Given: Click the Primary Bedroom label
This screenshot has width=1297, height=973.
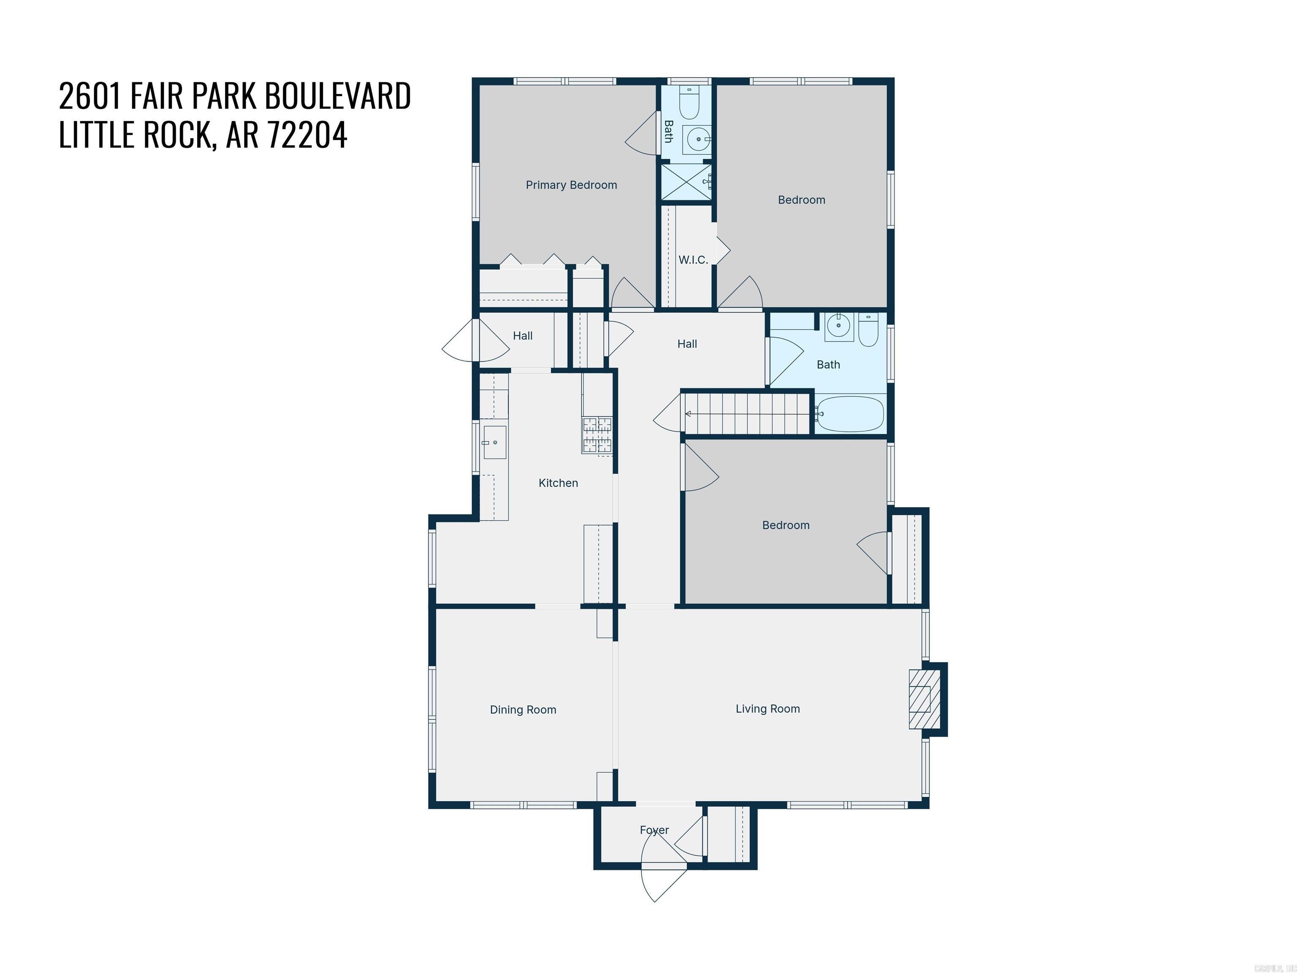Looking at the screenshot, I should (571, 185).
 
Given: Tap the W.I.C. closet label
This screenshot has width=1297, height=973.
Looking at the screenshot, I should (693, 260).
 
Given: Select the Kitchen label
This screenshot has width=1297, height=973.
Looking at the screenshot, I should (558, 483).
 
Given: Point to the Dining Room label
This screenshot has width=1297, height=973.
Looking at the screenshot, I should (523, 709).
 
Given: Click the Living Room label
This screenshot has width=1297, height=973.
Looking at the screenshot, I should (768, 709).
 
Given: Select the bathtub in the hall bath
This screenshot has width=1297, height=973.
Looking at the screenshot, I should (849, 414).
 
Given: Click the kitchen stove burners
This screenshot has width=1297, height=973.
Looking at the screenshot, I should (597, 435).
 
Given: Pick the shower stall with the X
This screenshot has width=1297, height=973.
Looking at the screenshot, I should (686, 182).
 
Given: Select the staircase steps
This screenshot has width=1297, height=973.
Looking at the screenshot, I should (748, 414).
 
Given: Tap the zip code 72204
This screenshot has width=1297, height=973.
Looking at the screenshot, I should (307, 135).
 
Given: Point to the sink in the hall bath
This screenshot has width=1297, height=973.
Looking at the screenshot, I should (839, 326).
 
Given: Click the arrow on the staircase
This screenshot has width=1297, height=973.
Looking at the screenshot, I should (688, 414).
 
